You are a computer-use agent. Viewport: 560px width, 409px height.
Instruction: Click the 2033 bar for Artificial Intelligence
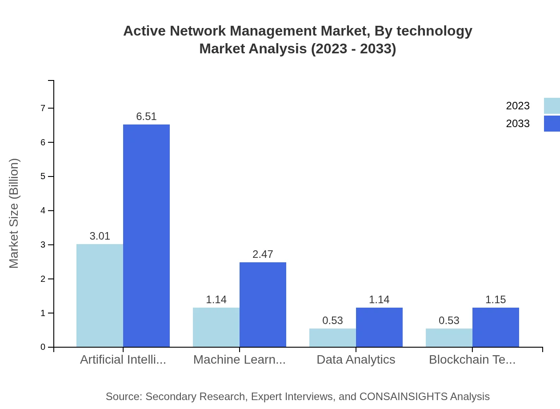pos(146,236)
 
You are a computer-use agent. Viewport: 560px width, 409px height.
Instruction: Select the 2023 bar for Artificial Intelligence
pos(100,295)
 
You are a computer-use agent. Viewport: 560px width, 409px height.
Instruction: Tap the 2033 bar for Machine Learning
pos(263,305)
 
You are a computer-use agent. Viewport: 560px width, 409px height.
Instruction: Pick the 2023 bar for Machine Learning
pos(216,327)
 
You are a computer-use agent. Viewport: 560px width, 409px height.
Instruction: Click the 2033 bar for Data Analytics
pos(379,327)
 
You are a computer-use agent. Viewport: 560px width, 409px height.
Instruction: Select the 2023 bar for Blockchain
pos(449,338)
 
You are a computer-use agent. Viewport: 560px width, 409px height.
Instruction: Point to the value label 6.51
pos(146,116)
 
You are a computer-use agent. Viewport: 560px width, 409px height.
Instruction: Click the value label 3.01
pos(100,236)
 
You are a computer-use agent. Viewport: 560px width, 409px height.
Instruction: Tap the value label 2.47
pos(263,254)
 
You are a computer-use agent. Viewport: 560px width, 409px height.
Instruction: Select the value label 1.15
pos(496,300)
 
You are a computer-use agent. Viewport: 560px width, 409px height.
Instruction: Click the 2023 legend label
pos(517,106)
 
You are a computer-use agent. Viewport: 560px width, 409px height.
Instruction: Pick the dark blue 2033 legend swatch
pos(552,124)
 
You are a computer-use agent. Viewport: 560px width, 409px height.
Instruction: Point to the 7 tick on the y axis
pos(43,108)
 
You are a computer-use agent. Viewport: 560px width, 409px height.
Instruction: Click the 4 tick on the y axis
pos(43,211)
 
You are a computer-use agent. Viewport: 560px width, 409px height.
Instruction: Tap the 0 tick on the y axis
pos(43,347)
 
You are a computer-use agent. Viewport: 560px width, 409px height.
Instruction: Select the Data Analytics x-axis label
pos(356,360)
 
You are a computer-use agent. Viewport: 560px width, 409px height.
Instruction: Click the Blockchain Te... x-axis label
pos(472,360)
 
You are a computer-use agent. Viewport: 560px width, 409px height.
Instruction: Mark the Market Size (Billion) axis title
pos(14,213)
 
